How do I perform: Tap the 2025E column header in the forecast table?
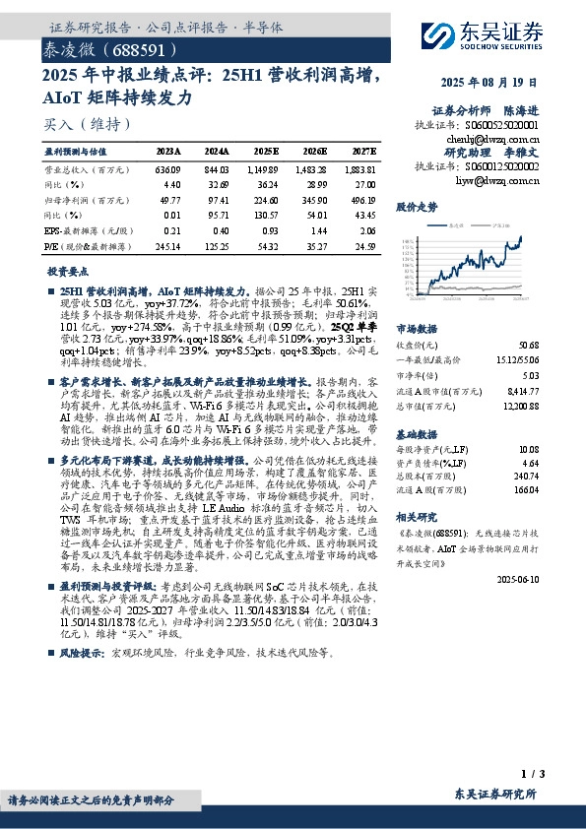pyautogui.click(x=266, y=152)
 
